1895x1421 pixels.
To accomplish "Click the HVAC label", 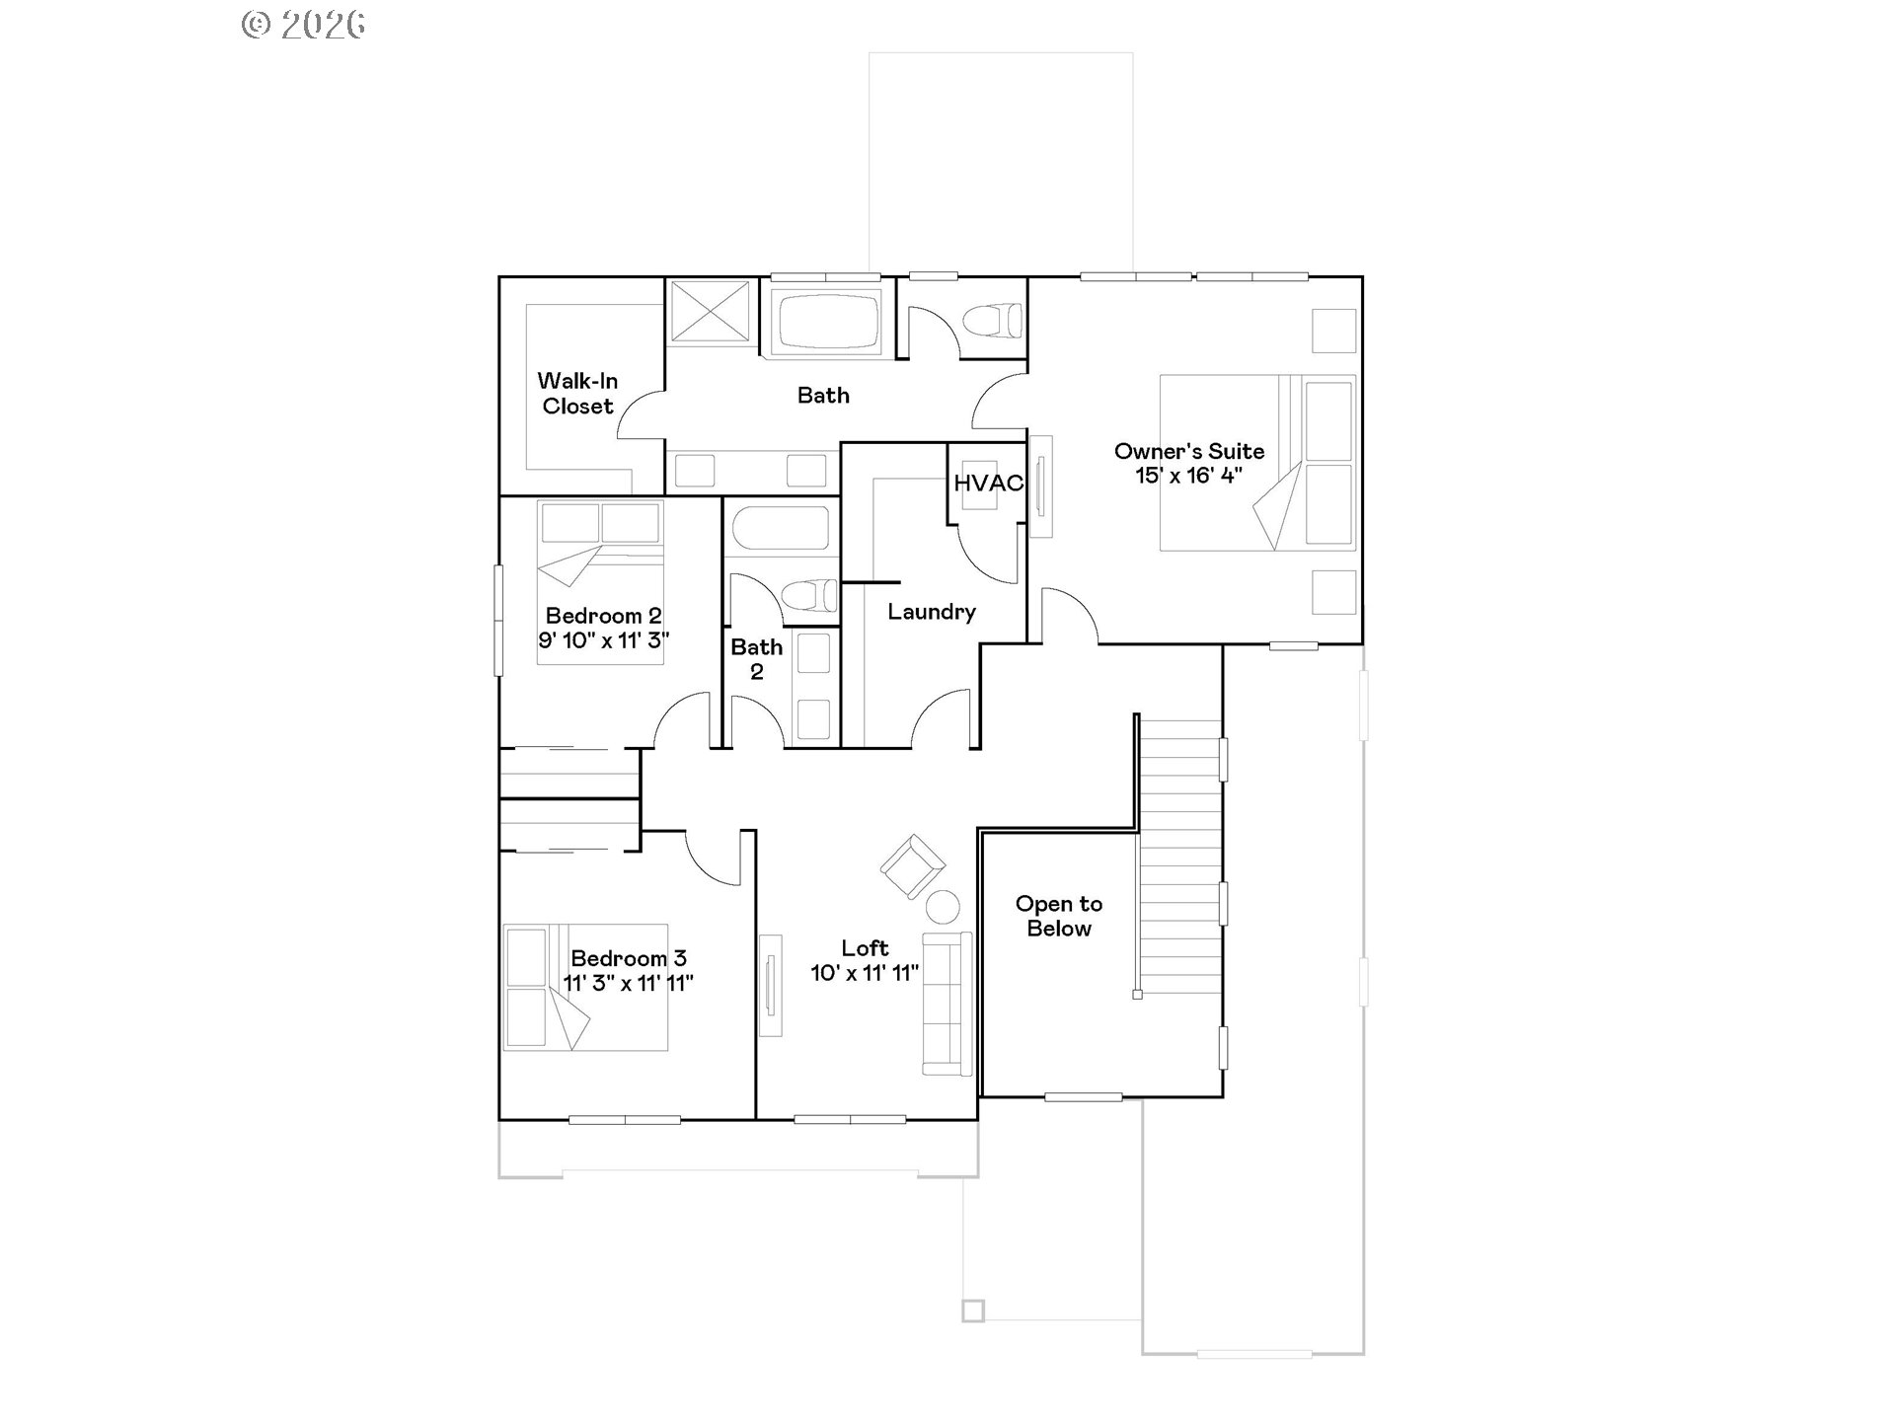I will (x=988, y=484).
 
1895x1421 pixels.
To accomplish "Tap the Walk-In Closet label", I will (x=577, y=394).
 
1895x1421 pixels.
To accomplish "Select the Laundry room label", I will (x=931, y=612).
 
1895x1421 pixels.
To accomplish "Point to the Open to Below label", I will (x=1058, y=916).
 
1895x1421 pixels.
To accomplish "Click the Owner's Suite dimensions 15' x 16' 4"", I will (x=1188, y=476).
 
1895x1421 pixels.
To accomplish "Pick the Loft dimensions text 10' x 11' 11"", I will (x=865, y=973).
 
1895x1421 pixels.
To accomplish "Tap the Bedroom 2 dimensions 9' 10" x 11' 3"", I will (x=603, y=640).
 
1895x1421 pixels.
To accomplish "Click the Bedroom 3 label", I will (x=628, y=958).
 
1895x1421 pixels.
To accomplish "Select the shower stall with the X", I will (x=710, y=312).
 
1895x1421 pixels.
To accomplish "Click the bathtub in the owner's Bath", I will (x=828, y=320).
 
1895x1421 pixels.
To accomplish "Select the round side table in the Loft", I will (x=943, y=906).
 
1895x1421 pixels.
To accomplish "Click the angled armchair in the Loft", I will (x=912, y=866).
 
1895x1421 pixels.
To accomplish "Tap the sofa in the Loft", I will (x=947, y=1003).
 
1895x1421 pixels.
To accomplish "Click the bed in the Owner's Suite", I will (x=1256, y=462).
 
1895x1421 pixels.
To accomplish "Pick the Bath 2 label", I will (x=756, y=659).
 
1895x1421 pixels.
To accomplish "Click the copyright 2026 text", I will (x=304, y=25).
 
